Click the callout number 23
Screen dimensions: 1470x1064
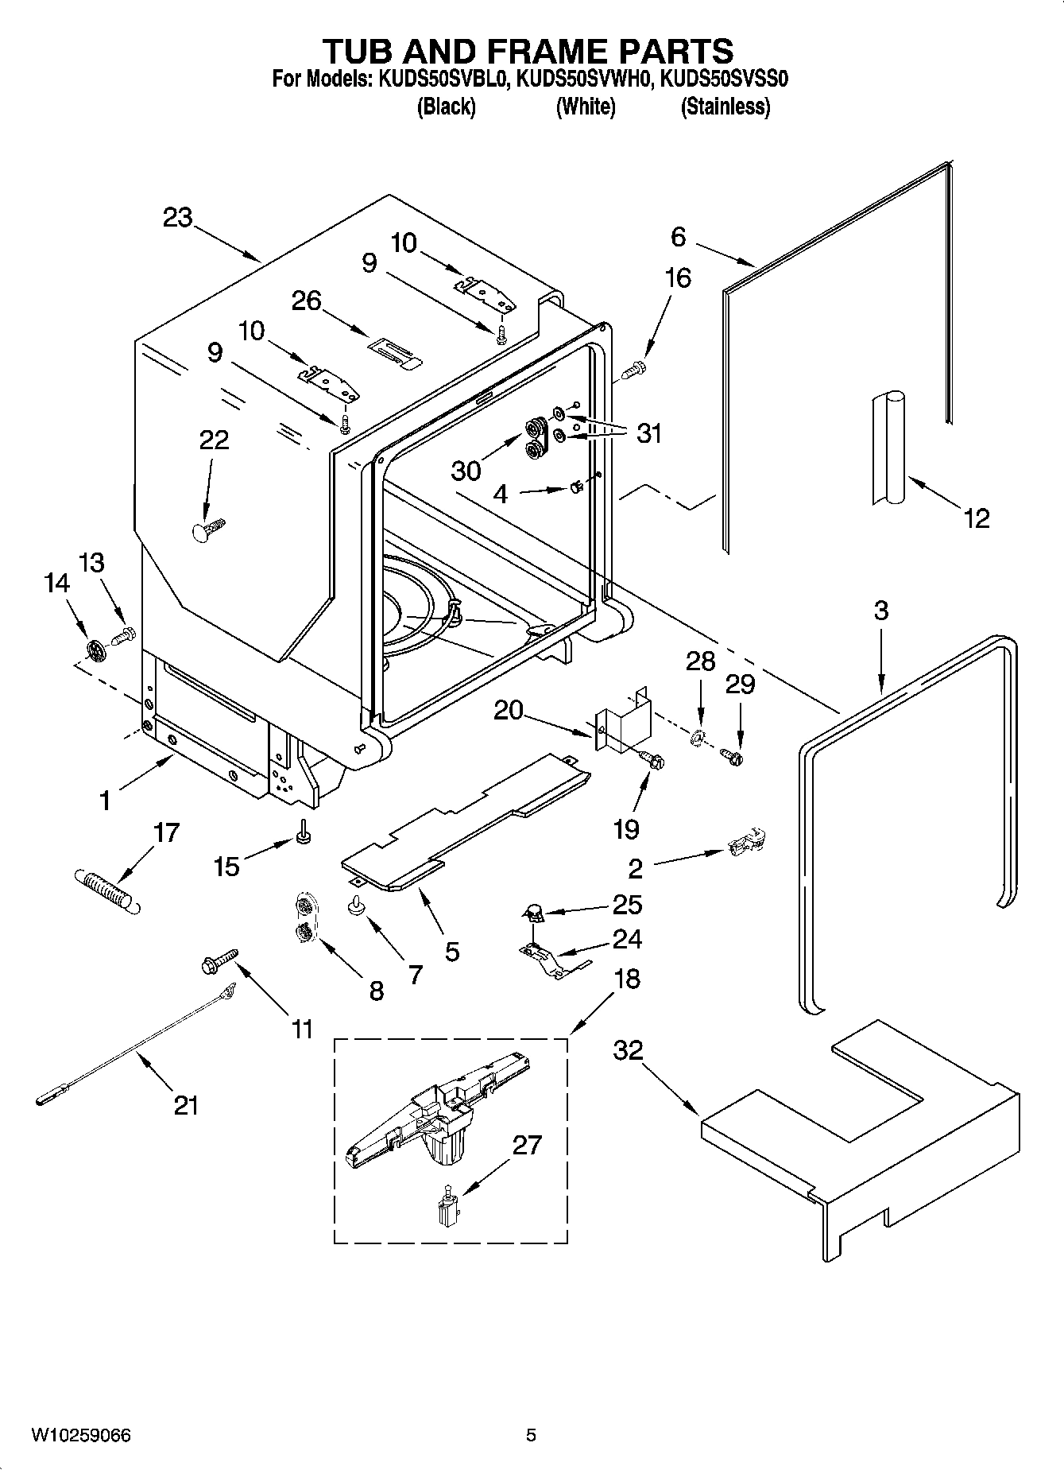pos(177,217)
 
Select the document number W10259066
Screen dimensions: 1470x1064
pos(81,1435)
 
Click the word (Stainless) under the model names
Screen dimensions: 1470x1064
pos(725,107)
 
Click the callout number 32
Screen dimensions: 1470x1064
pos(628,1049)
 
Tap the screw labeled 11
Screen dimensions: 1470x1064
pos(215,960)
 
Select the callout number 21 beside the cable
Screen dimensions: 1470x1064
pos(185,1104)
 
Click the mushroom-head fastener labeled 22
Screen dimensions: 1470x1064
pos(208,529)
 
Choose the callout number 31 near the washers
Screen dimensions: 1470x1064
pos(649,433)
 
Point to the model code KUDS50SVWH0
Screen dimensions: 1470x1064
pos(584,80)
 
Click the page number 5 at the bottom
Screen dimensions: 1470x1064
pos(531,1435)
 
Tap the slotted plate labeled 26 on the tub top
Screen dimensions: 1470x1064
pos(395,352)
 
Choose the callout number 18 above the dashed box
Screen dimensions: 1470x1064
pos(626,978)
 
